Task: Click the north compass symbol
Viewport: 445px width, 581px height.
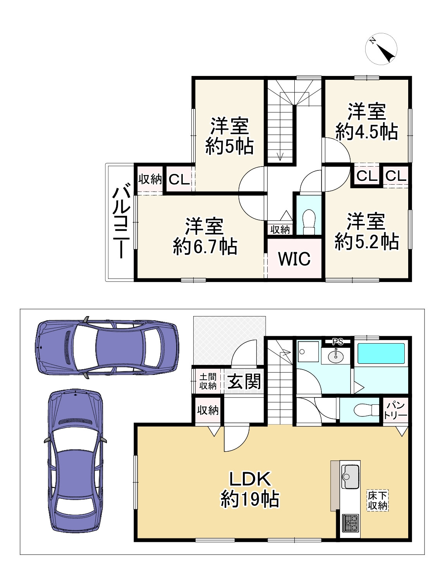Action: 381,49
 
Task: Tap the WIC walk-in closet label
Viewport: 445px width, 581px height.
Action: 294,259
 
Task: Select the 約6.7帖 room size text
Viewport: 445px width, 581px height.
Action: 205,246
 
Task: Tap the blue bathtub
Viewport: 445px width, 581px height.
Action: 381,354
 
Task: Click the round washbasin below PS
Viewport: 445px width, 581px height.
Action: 336,356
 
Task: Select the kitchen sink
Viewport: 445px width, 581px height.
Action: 350,476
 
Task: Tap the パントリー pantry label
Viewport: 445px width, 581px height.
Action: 395,410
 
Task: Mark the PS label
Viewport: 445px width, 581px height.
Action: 338,342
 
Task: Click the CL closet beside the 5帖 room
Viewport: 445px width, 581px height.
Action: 179,179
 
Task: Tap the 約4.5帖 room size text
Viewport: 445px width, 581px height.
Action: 367,132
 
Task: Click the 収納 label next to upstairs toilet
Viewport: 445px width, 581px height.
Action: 280,230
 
